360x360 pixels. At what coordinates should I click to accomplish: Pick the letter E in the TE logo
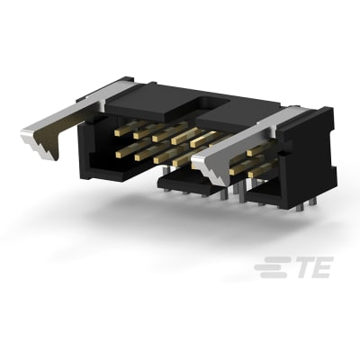319,267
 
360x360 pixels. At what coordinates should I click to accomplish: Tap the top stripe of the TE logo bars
271,261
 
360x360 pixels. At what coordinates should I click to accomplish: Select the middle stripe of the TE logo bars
269,267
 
